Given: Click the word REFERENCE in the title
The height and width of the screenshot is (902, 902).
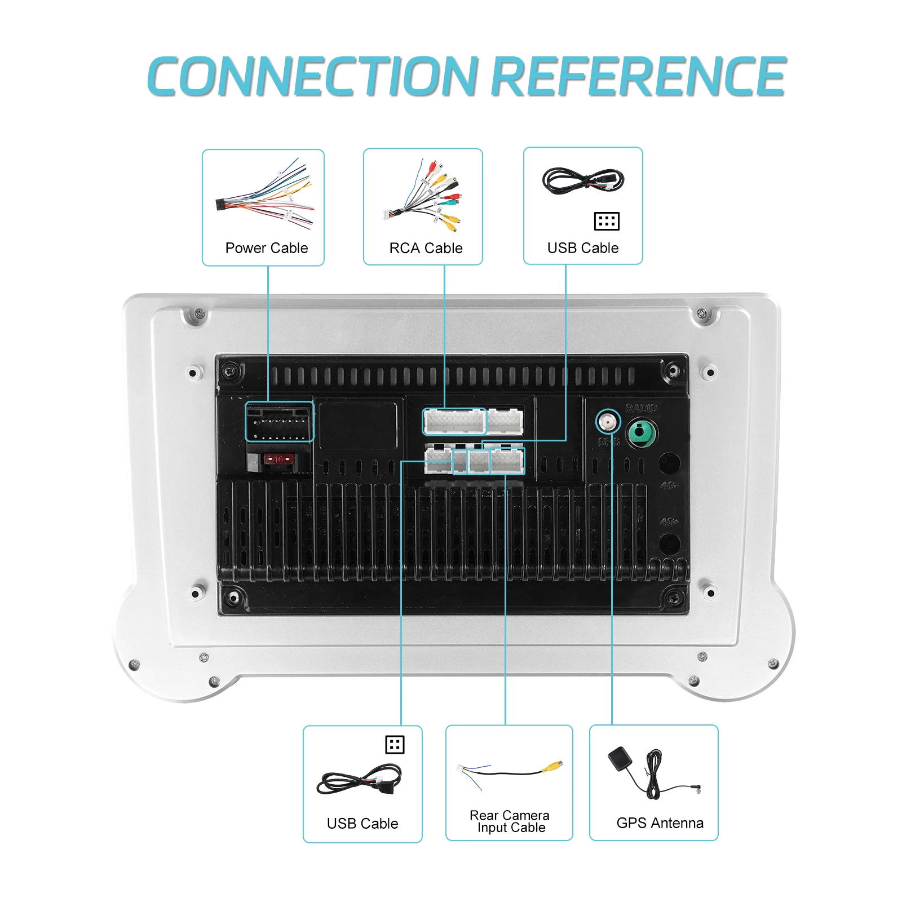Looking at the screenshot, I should (x=638, y=77).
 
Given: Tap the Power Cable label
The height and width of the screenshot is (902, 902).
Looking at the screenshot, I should (x=266, y=248).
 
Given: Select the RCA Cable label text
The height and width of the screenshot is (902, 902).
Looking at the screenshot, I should (x=426, y=248).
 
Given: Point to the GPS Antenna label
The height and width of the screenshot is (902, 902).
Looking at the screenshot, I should (x=660, y=823).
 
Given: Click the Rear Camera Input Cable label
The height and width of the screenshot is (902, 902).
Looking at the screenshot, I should (x=510, y=821).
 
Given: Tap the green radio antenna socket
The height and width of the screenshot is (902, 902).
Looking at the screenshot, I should (x=642, y=434).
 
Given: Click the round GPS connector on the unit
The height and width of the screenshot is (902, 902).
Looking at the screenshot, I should (x=608, y=421).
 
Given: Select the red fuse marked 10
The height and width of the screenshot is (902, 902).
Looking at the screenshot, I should (x=278, y=459).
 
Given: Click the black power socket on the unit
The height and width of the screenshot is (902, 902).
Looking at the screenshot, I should (x=280, y=422).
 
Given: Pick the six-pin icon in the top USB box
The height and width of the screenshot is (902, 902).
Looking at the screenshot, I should (x=607, y=221).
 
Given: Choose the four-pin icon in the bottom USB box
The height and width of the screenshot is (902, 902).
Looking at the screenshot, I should (x=395, y=745).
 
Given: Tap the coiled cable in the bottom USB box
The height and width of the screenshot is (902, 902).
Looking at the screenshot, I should (x=360, y=780).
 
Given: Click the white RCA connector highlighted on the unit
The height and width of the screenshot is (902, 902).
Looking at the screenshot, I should (x=454, y=422).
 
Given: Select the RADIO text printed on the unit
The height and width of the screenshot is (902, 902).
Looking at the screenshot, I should (x=641, y=408).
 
